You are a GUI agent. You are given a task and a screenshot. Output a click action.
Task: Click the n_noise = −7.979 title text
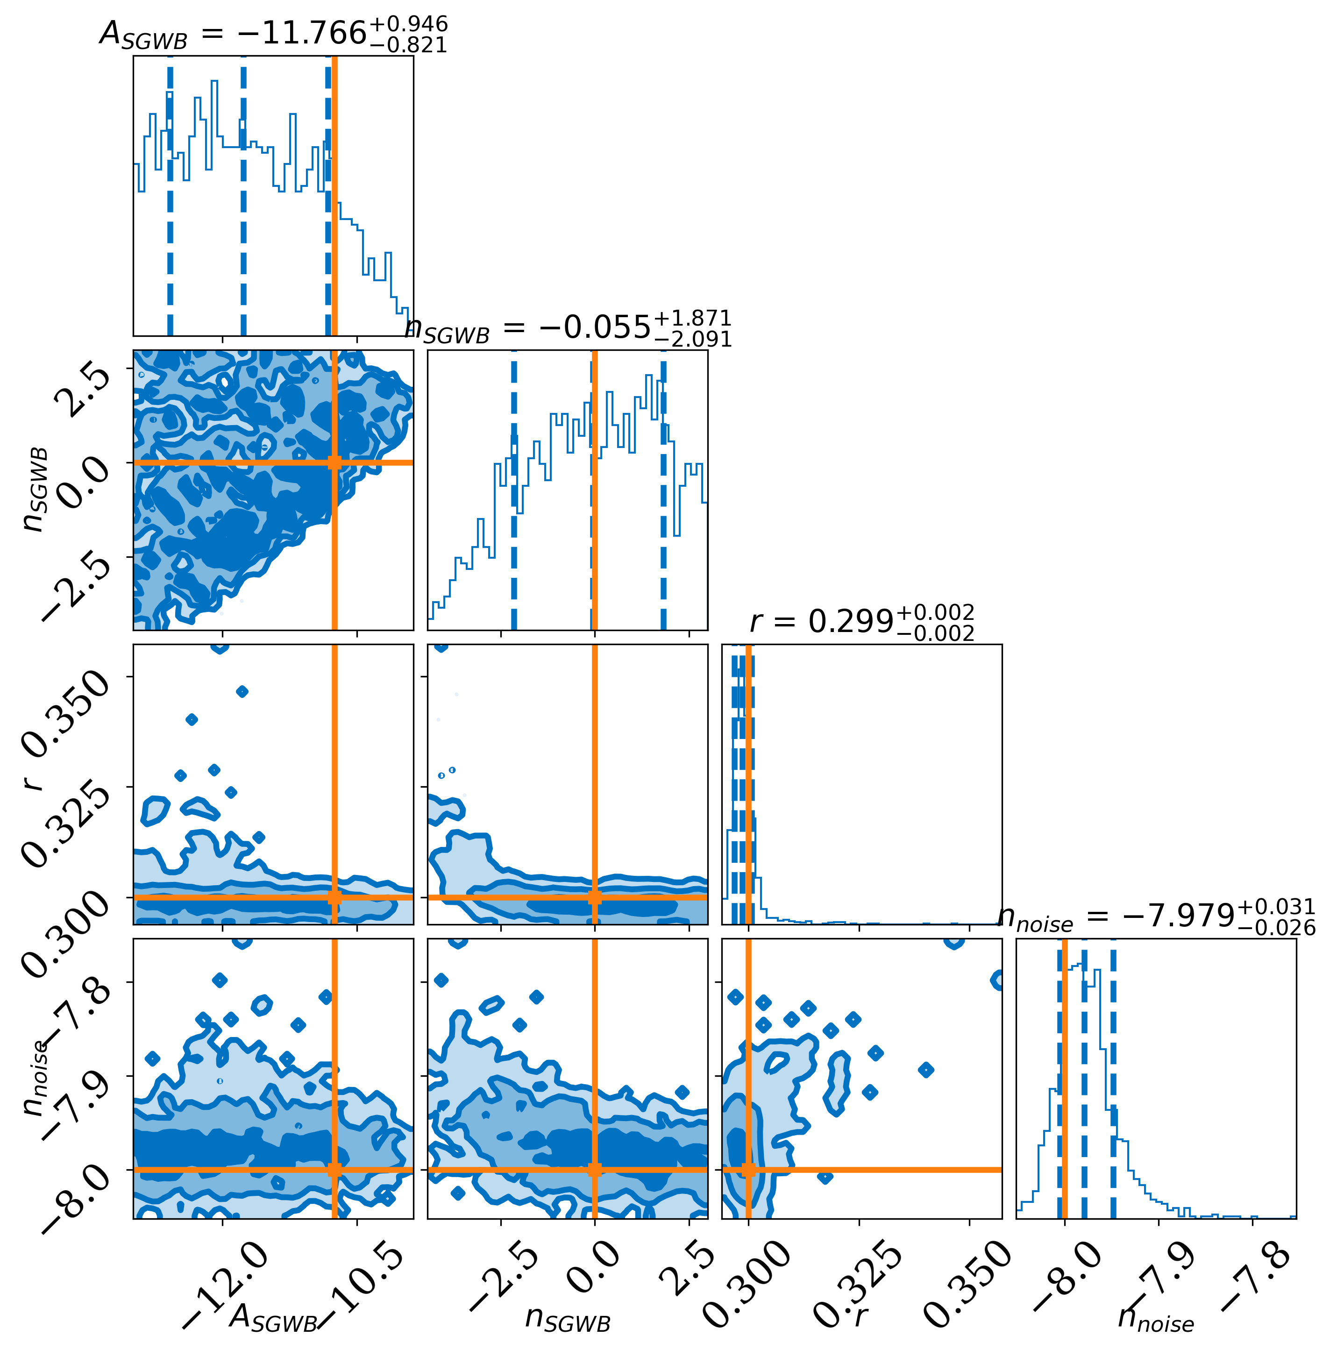[1156, 917]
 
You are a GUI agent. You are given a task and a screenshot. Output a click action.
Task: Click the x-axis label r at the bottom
[861, 1316]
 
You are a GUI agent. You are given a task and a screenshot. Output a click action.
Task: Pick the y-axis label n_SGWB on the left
[36, 490]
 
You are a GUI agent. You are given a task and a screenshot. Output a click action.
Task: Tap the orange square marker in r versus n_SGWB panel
[594, 897]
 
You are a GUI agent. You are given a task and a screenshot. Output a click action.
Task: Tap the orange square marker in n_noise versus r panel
[748, 1170]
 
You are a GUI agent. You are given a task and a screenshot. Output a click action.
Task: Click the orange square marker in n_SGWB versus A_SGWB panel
[334, 462]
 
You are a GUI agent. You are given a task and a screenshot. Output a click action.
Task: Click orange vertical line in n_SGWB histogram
[594, 489]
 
